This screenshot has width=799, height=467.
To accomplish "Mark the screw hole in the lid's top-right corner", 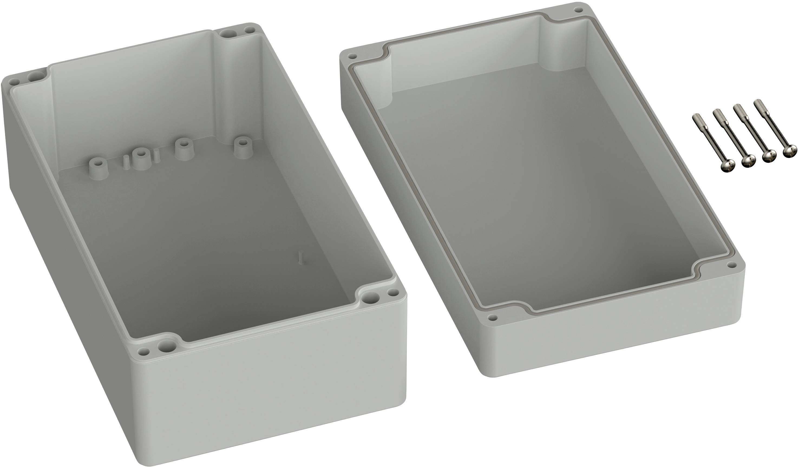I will (x=579, y=10).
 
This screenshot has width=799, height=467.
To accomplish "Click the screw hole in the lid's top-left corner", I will (x=351, y=57).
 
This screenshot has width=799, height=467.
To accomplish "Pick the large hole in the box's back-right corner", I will (x=227, y=33).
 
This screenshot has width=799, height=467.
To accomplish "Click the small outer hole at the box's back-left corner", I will (x=14, y=82).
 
